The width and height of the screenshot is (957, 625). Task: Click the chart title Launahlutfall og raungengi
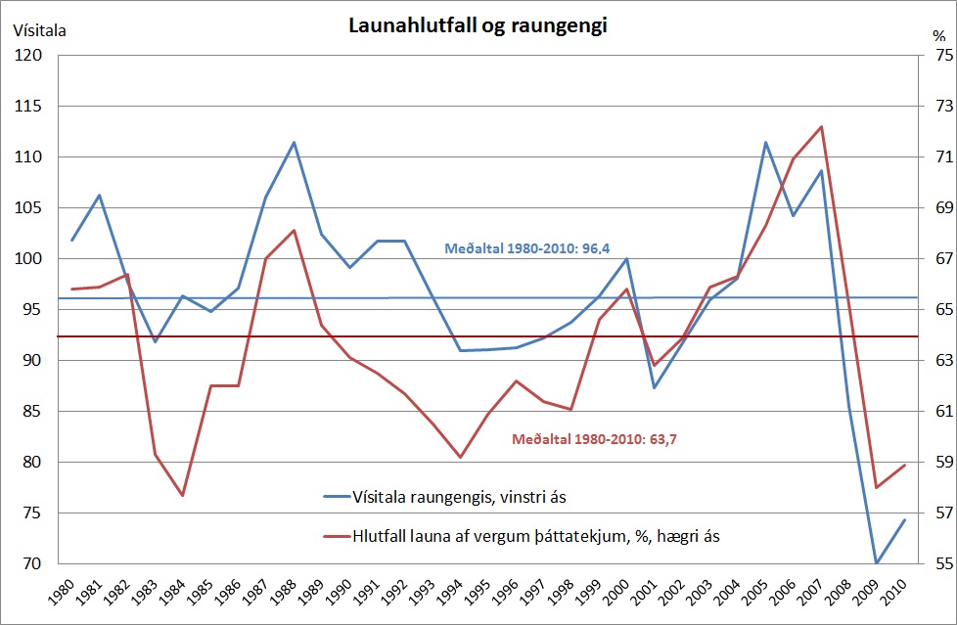pyautogui.click(x=478, y=26)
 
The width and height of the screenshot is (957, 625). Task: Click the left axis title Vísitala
pyautogui.click(x=39, y=30)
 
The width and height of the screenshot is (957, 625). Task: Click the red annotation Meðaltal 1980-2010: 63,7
pyautogui.click(x=595, y=439)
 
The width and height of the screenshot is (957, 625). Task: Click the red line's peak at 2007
pyautogui.click(x=821, y=126)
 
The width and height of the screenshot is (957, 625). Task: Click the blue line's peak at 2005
pyautogui.click(x=766, y=143)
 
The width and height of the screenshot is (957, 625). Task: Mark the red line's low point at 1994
pyautogui.click(x=460, y=457)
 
